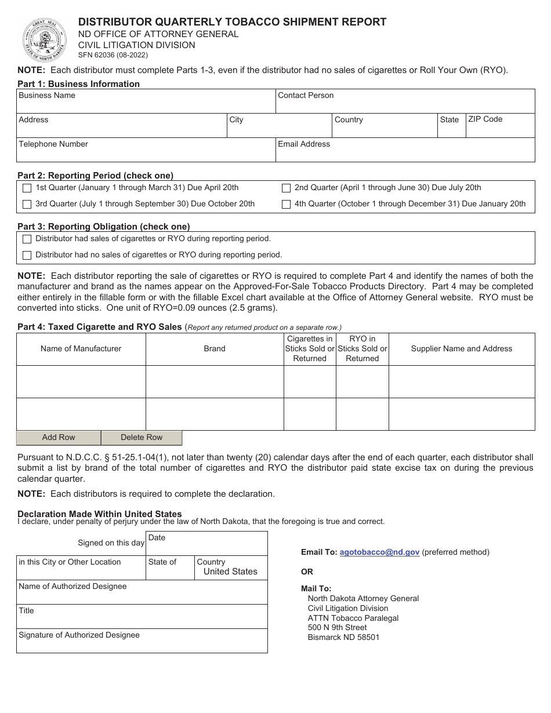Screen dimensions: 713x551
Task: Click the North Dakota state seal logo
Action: [45, 39]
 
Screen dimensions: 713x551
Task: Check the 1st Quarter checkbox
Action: [27, 188]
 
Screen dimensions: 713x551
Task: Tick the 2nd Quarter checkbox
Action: [286, 188]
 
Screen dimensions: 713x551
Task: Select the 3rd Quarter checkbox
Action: [27, 204]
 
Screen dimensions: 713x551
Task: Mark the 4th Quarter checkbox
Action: [286, 204]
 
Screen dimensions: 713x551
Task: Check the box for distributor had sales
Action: [27, 239]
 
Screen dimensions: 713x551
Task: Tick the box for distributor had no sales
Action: [27, 255]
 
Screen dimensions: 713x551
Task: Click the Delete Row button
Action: [142, 438]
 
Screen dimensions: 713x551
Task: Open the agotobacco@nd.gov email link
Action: [379, 552]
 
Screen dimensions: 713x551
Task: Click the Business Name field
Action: [145, 104]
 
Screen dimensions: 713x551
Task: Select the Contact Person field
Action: [404, 104]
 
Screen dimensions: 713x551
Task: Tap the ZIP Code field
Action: [500, 129]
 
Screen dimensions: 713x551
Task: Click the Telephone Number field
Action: [145, 153]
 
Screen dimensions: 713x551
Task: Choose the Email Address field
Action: [404, 153]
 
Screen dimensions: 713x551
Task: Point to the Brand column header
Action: [215, 349]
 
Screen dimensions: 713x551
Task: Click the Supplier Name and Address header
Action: [462, 349]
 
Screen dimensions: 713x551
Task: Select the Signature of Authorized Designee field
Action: [142, 644]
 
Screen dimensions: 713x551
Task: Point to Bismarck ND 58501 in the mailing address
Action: [343, 637]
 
